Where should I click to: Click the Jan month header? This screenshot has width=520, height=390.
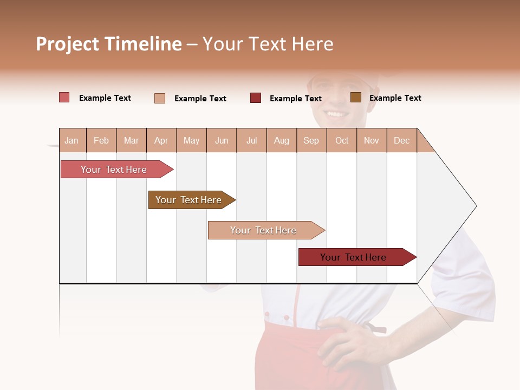[71, 140]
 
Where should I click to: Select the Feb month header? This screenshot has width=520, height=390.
[101, 140]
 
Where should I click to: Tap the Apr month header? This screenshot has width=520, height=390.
[161, 140]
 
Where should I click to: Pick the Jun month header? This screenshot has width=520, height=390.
[222, 140]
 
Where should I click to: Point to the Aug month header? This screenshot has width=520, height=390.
[281, 140]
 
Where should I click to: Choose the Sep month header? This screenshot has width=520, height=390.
[311, 140]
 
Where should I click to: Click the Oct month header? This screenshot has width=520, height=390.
[342, 140]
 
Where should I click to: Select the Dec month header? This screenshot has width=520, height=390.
[401, 140]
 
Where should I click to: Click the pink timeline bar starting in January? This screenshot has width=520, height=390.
[114, 170]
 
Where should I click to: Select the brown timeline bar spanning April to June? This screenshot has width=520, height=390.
[188, 200]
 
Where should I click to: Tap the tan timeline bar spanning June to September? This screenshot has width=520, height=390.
[263, 230]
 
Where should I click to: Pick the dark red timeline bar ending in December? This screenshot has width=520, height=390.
[353, 257]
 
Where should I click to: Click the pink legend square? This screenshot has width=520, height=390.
[64, 97]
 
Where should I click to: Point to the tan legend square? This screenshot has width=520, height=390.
[160, 98]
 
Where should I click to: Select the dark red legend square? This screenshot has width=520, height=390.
[256, 98]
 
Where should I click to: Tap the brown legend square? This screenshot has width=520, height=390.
[355, 97]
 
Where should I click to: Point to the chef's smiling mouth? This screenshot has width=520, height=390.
[337, 114]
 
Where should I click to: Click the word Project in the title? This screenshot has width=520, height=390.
[68, 44]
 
